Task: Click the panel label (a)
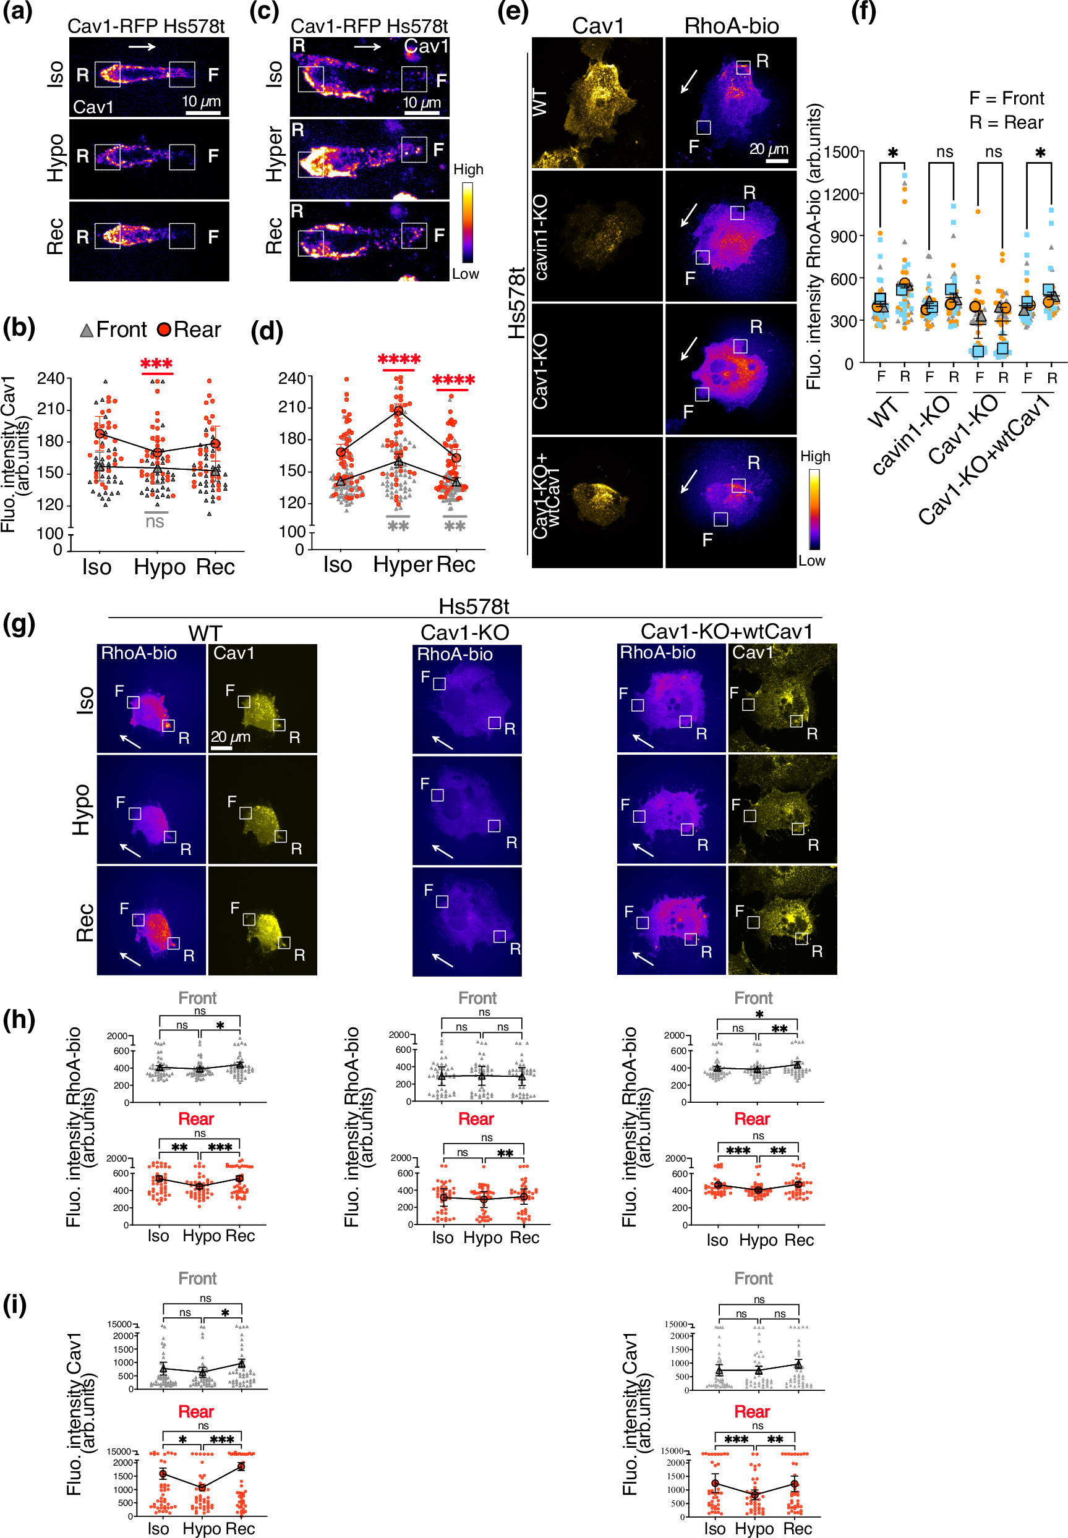18,11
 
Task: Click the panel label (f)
863,11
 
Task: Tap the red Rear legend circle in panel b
163,330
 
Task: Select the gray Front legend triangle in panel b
87,331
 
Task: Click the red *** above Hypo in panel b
156,364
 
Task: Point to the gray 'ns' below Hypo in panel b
155,521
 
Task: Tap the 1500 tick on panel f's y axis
840,152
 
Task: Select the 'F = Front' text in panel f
1006,98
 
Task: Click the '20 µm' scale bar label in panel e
768,148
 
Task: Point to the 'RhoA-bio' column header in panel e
731,25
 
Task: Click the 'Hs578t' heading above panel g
473,606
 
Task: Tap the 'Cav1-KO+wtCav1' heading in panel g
726,631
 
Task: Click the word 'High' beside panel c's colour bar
468,169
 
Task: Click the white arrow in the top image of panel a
142,47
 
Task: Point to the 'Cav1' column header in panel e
597,25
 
